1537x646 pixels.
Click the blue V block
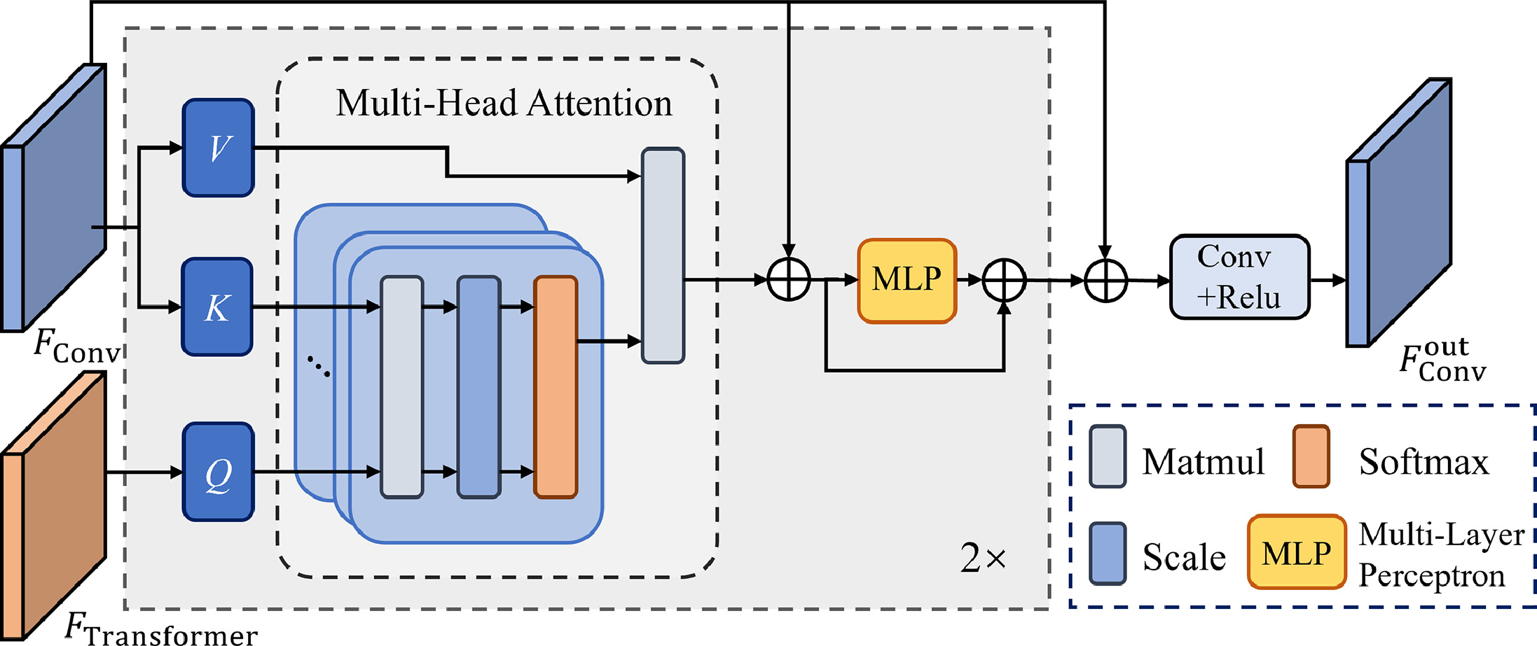[x=218, y=148]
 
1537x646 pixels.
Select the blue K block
[x=217, y=307]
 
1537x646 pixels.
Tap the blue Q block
[x=218, y=472]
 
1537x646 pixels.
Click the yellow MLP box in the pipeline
[x=907, y=280]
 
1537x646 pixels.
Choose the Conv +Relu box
[x=1239, y=277]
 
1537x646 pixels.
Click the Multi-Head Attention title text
[x=504, y=103]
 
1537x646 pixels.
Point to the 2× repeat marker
[x=983, y=558]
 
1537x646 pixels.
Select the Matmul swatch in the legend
[x=1108, y=456]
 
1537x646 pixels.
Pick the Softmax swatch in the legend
[x=1311, y=456]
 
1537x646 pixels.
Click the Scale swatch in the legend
[x=1108, y=553]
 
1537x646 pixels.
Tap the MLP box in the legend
[x=1297, y=553]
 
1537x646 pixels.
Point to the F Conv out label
[x=1442, y=360]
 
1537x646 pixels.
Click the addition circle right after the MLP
[x=1004, y=280]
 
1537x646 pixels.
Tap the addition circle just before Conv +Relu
[x=1105, y=280]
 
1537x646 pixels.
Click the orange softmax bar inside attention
[x=556, y=387]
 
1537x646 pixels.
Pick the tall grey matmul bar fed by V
[x=663, y=255]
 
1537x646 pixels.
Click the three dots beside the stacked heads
[x=319, y=367]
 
